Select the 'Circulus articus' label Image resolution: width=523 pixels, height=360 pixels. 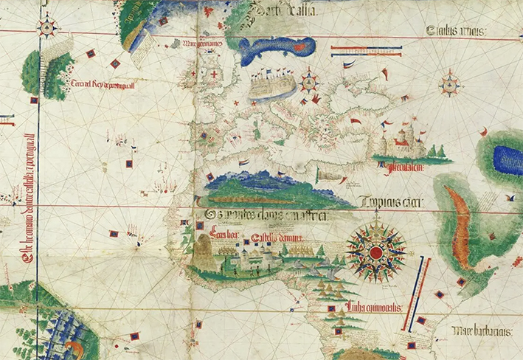[x=456, y=30]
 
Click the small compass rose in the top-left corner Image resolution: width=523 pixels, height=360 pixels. [x=49, y=28]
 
